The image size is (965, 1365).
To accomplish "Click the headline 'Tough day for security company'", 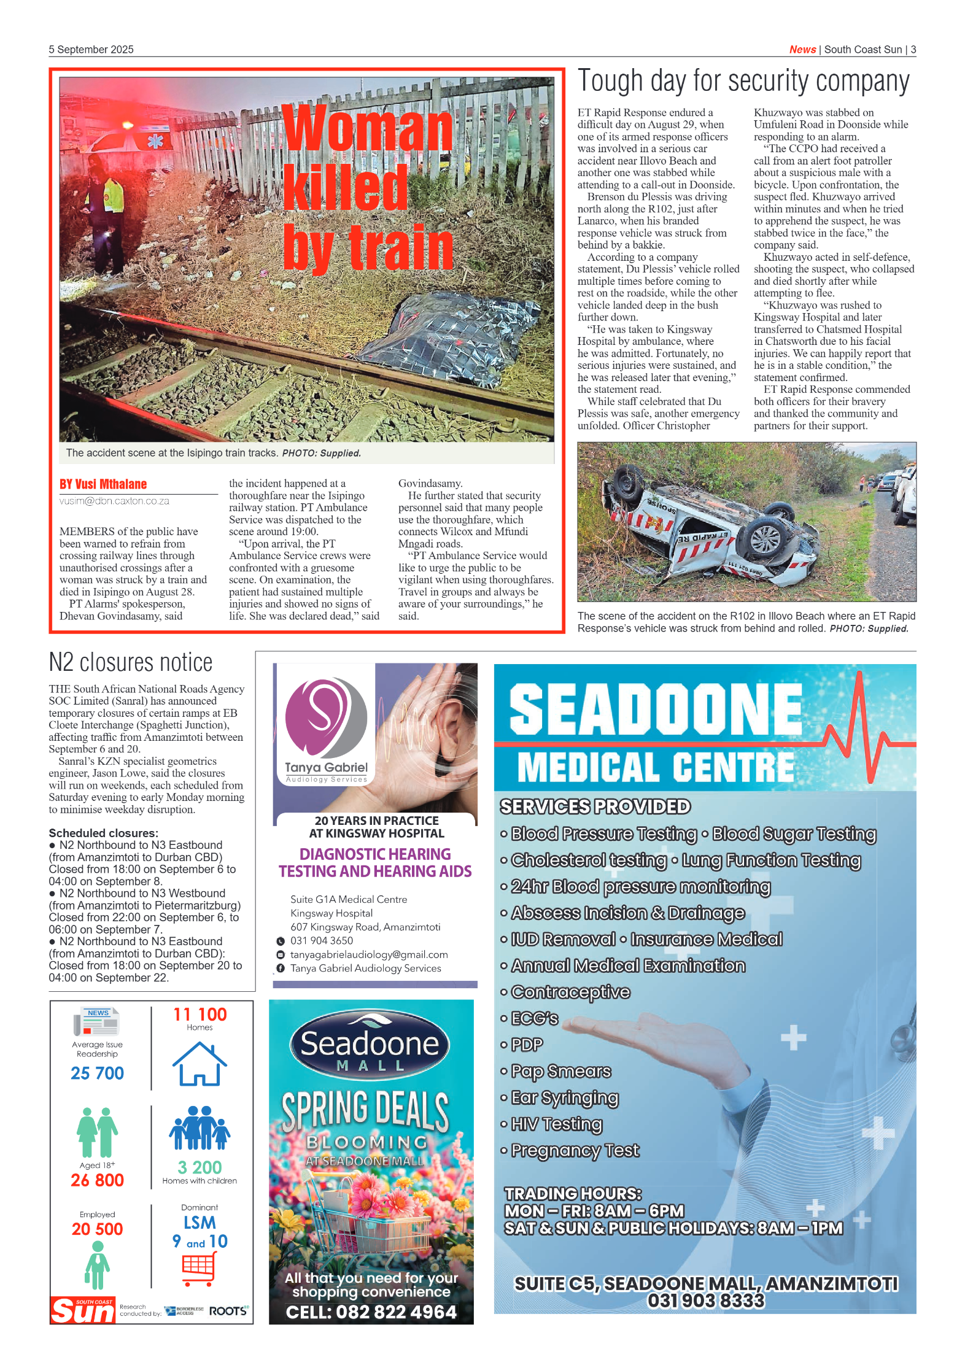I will (743, 82).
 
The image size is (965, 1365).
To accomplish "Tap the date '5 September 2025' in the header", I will (91, 50).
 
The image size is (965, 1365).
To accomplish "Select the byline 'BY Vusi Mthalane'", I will (103, 484).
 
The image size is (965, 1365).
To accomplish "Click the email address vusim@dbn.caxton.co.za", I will (114, 501).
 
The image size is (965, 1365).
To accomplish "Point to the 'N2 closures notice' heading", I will (131, 662).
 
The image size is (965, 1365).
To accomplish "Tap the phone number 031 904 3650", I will (322, 940).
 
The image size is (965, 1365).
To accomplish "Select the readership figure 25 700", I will (97, 1073).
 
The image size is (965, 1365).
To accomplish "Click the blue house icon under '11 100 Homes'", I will (200, 1064).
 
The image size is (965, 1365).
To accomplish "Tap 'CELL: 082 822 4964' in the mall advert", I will (371, 1312).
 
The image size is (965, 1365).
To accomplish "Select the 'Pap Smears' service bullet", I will (560, 1071).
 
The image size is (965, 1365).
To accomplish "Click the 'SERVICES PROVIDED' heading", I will (595, 806).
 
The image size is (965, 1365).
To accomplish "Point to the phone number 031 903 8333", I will (706, 1301).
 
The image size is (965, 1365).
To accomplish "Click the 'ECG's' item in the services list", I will (534, 1018).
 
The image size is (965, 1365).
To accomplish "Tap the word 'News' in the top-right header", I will (802, 50).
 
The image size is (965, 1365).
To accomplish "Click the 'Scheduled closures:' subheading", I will (103, 833).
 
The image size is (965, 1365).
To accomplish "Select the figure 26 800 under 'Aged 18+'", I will (97, 1180).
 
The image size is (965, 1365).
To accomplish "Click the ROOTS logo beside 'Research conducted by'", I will (228, 1311).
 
